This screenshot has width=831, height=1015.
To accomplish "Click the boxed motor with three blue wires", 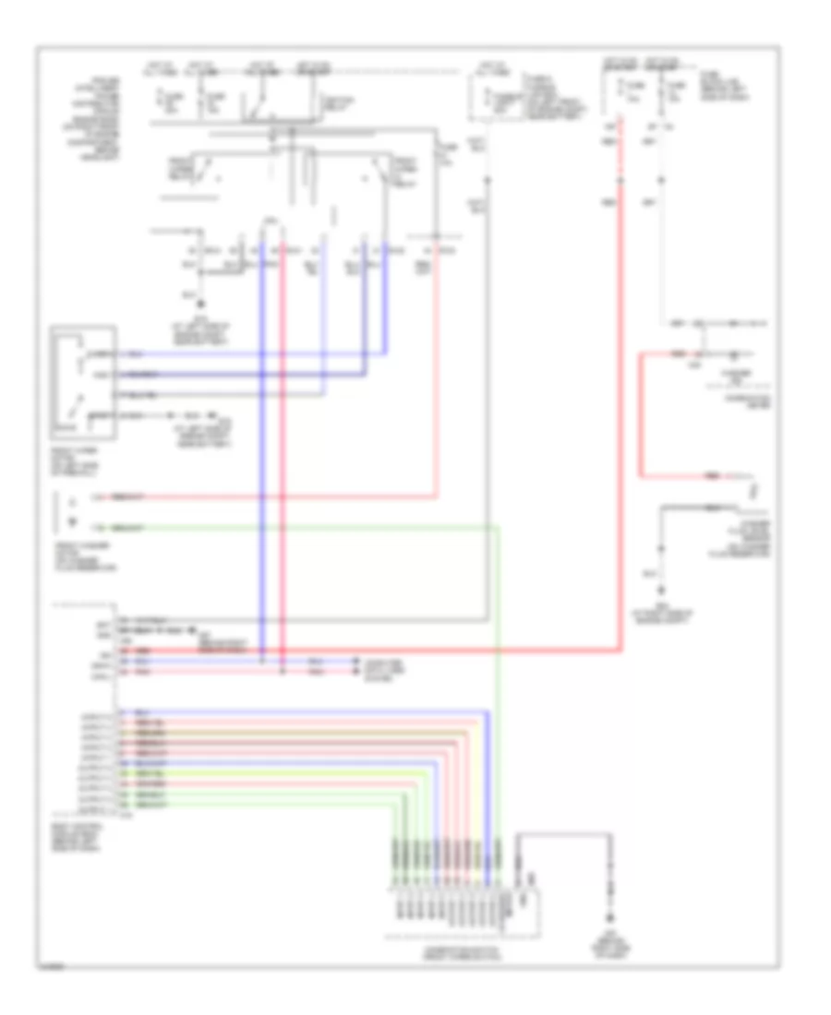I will point(84,379).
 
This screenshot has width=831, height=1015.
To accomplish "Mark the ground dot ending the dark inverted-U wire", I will point(610,917).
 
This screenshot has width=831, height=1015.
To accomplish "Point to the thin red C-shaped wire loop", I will point(644,415).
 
